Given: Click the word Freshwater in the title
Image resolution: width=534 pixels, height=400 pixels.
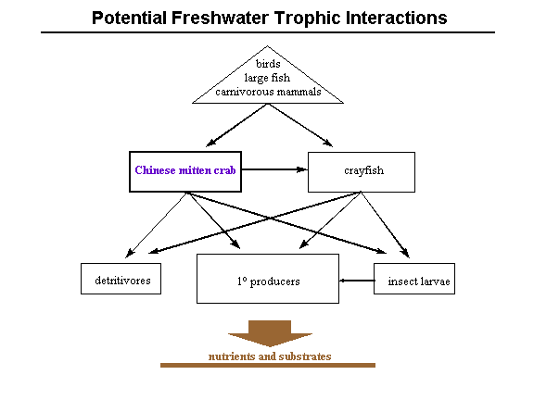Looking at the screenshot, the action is tap(221, 18).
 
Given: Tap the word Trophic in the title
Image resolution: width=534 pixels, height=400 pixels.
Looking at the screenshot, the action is tap(308, 19).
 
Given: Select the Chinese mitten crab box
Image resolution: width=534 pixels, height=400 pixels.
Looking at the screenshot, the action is tap(185, 172).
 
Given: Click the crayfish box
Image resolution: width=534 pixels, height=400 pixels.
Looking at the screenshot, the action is tap(362, 172).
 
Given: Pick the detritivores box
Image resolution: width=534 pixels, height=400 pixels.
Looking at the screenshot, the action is tap(121, 279).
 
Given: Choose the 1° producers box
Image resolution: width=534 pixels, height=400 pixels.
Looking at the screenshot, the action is tap(268, 279).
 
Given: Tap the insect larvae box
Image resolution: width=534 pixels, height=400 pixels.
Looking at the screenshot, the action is tap(414, 279).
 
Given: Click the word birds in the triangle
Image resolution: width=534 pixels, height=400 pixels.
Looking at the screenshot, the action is tap(268, 64).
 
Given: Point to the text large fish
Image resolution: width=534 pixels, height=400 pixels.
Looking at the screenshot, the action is tap(267, 78).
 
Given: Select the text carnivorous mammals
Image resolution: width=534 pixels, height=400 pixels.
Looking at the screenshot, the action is tap(268, 92).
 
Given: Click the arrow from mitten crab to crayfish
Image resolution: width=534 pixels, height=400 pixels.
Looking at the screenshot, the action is tap(274, 169).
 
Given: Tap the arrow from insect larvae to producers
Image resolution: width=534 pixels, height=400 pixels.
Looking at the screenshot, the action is tap(357, 281).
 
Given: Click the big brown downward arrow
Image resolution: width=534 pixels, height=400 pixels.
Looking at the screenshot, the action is tap(270, 332).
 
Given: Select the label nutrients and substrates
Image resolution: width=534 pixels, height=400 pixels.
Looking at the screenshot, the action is tap(270, 356).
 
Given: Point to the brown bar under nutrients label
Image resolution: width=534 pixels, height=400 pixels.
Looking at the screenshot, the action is tap(268, 366).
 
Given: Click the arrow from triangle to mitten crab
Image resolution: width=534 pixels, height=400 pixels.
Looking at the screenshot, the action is tap(236, 125).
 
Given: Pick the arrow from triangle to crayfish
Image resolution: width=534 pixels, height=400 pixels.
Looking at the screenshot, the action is tap(300, 125).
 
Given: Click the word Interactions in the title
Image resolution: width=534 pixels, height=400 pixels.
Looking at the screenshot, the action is tap(397, 18).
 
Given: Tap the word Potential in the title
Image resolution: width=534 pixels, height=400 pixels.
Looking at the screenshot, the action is tap(130, 18).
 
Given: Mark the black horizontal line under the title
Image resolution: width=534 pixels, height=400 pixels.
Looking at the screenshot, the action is tap(268, 32).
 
